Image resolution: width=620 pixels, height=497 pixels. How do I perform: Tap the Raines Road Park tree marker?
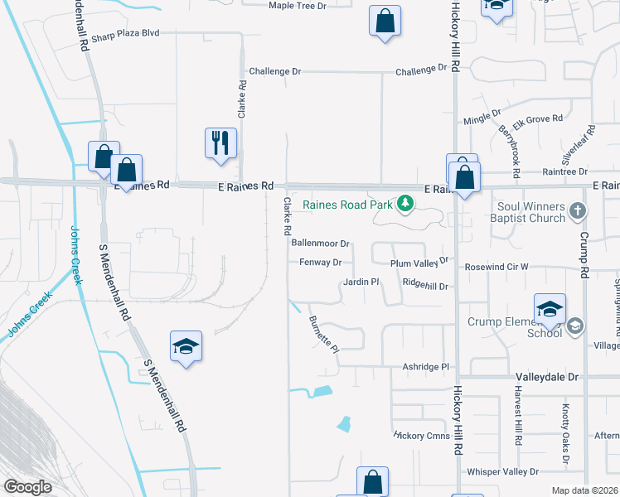click(405, 203)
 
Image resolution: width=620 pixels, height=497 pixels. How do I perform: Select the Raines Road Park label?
click(347, 204)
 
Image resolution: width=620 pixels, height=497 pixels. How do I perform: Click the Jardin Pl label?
click(361, 282)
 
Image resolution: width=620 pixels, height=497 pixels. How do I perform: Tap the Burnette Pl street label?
click(324, 334)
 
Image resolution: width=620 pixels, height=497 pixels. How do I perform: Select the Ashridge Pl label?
click(425, 366)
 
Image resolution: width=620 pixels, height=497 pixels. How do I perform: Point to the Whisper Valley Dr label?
click(502, 471)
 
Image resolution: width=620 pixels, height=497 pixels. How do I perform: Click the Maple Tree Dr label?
click(298, 5)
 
